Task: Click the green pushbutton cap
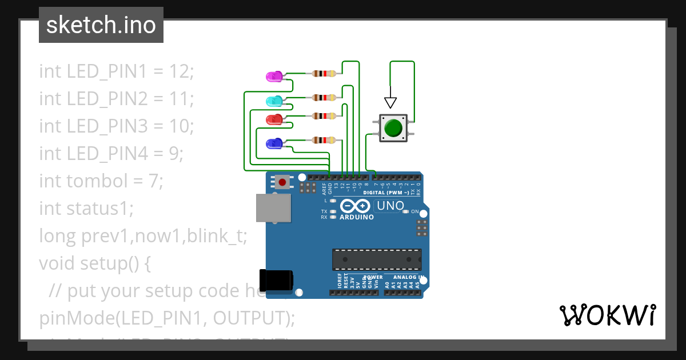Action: (x=393, y=127)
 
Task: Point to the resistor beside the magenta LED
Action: (x=324, y=73)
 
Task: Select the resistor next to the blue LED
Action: (x=324, y=140)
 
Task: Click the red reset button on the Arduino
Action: (x=282, y=182)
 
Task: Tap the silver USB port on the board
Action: (x=273, y=207)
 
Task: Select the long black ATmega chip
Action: (x=377, y=259)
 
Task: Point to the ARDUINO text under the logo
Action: (x=356, y=217)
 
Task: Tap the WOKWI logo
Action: (x=607, y=315)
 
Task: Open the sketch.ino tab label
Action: (x=101, y=25)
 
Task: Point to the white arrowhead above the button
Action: (x=390, y=103)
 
